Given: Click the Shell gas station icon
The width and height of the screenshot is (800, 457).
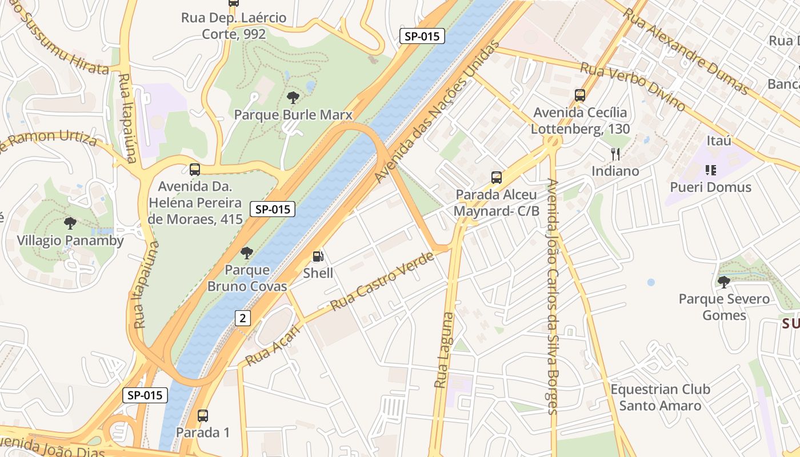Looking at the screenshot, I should [318, 257].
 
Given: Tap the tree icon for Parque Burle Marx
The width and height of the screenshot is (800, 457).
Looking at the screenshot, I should [293, 98].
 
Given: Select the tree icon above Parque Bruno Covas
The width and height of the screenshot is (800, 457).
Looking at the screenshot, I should [247, 252].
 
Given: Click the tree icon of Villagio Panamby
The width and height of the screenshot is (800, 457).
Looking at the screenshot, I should [70, 223].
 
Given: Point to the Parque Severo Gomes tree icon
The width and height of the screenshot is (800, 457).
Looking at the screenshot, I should [723, 282].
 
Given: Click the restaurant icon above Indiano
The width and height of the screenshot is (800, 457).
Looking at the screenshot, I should [615, 154].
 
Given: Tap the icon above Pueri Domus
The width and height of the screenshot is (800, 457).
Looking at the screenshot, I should [710, 170].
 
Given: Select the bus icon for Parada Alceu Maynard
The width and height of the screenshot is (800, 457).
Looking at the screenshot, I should [496, 178].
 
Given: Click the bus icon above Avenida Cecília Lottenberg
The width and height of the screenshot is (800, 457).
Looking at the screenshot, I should [580, 95].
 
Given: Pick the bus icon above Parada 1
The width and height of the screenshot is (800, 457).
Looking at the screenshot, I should [202, 415].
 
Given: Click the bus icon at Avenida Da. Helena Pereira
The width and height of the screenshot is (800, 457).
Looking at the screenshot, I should [194, 169].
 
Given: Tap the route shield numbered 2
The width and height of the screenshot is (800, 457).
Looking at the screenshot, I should [242, 318].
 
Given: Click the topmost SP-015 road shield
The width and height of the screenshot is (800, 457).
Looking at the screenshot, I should [422, 36].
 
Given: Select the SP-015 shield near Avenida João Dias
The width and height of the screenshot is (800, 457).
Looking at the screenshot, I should [145, 395].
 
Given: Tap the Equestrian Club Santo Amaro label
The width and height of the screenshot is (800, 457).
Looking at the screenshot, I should [660, 398].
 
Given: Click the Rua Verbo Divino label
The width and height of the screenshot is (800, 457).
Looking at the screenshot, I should [633, 86].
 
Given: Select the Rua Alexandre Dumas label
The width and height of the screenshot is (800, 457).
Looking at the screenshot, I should [685, 51].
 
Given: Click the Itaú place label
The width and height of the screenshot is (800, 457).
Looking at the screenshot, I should [719, 141].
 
